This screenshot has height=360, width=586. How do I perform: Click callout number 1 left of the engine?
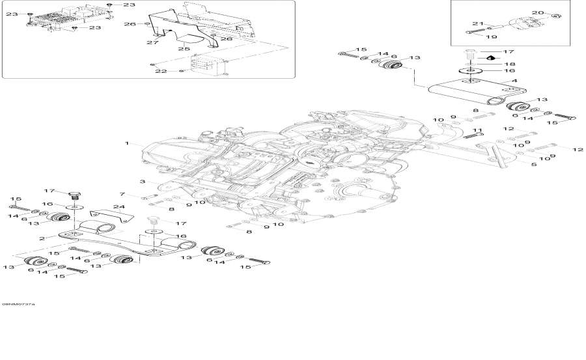click(x=128, y=142)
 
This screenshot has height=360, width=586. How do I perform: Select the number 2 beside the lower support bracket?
click(x=42, y=239)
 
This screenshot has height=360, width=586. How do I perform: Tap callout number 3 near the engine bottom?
click(x=141, y=181)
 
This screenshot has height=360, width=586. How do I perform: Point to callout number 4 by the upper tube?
click(x=514, y=81)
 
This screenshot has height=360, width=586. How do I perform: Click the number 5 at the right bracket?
click(x=535, y=165)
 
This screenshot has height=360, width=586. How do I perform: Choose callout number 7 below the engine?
click(x=122, y=194)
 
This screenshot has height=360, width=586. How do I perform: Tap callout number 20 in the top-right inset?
click(x=537, y=13)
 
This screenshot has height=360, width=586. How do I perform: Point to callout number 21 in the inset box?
click(x=476, y=24)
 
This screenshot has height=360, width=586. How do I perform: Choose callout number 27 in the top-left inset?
click(x=152, y=42)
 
